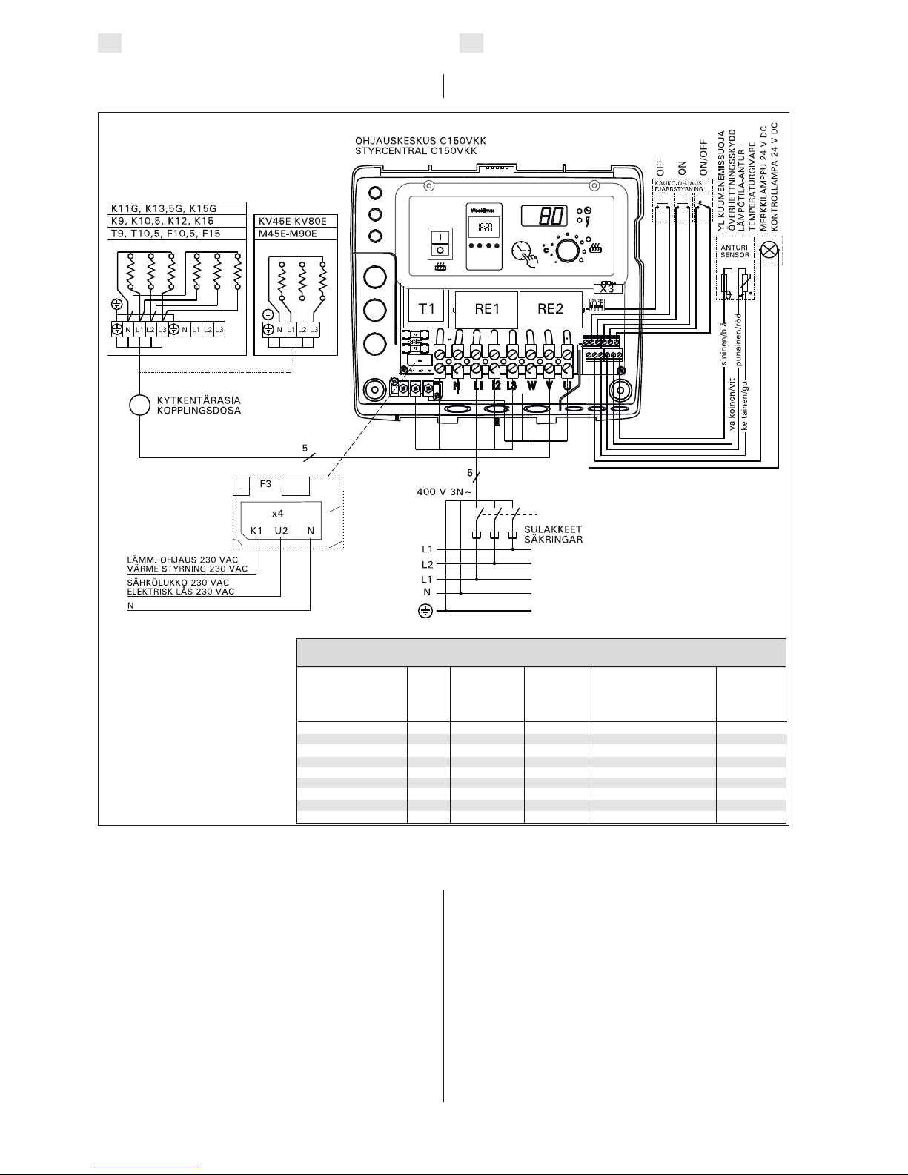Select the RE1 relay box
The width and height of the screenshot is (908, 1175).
coord(485,309)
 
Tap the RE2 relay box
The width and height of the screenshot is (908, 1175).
coord(550,309)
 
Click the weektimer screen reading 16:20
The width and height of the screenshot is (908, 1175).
coord(482,227)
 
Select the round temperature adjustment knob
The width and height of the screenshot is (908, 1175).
coord(569,251)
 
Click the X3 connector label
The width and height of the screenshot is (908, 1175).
coord(607,289)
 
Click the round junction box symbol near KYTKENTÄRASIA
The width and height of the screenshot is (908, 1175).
coord(140,405)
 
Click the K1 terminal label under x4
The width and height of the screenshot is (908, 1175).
coord(256,530)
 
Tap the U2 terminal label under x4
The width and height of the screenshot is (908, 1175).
coord(281,530)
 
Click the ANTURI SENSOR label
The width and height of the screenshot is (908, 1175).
coord(735,250)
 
